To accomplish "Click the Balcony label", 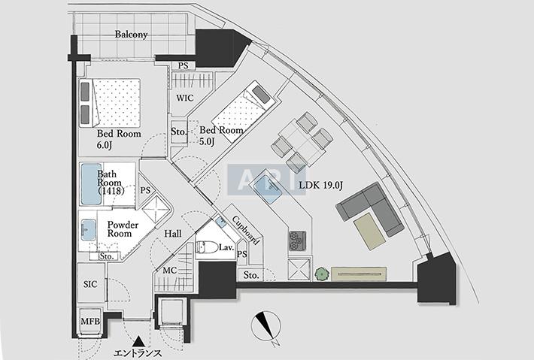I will coord(131,35).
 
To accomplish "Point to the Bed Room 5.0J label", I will coord(221,135).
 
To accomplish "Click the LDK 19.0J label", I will coord(322,184).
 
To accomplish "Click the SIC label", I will coord(90,283).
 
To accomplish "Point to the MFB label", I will coord(90,322).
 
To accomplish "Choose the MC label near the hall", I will coord(169,271).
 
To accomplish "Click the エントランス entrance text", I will coord(138,353).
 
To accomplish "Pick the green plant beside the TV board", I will coord(322,274).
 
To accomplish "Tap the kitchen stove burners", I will coord(296,241).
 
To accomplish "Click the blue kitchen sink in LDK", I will coord(267,185).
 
